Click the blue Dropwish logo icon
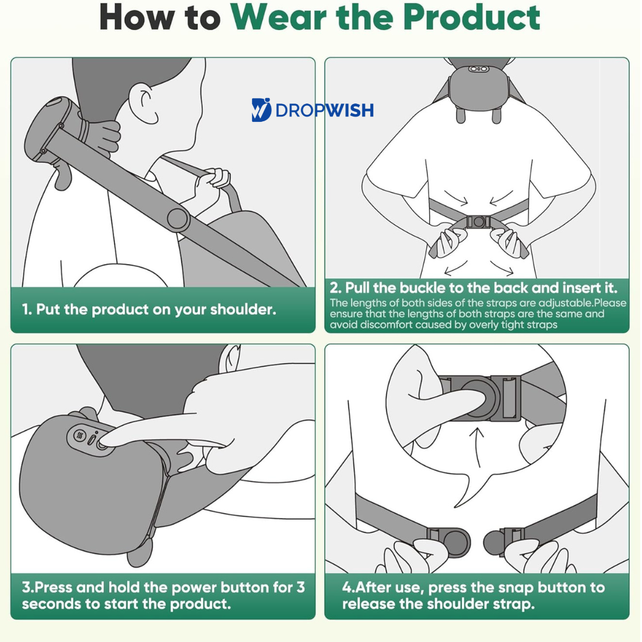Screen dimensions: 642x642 261,110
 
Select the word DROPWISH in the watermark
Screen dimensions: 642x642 325,111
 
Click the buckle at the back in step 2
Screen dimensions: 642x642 478,222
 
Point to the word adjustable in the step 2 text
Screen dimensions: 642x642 565,303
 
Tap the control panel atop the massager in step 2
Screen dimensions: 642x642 479,69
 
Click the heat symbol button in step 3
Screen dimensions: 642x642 80,435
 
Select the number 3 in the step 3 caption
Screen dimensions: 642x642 301,587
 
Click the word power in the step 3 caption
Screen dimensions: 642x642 194,588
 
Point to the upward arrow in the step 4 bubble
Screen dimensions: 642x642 477,447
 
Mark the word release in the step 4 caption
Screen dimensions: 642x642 370,604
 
